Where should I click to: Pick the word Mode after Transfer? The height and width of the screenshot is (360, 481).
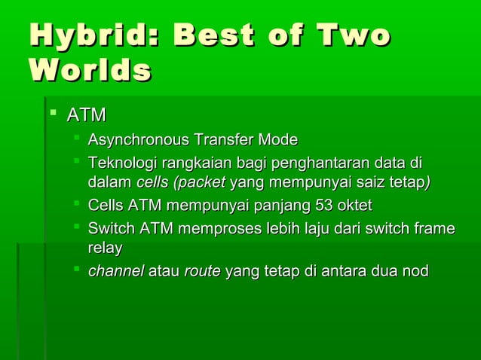click(x=278, y=140)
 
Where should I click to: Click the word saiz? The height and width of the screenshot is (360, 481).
click(x=367, y=182)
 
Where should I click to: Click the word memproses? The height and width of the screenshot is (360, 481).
click(x=227, y=229)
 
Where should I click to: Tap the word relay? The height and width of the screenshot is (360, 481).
click(x=105, y=248)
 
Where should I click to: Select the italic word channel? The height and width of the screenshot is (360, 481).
click(x=116, y=271)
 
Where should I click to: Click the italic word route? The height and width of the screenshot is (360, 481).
click(x=203, y=271)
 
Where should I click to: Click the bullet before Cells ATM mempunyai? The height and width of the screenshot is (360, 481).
click(x=77, y=205)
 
